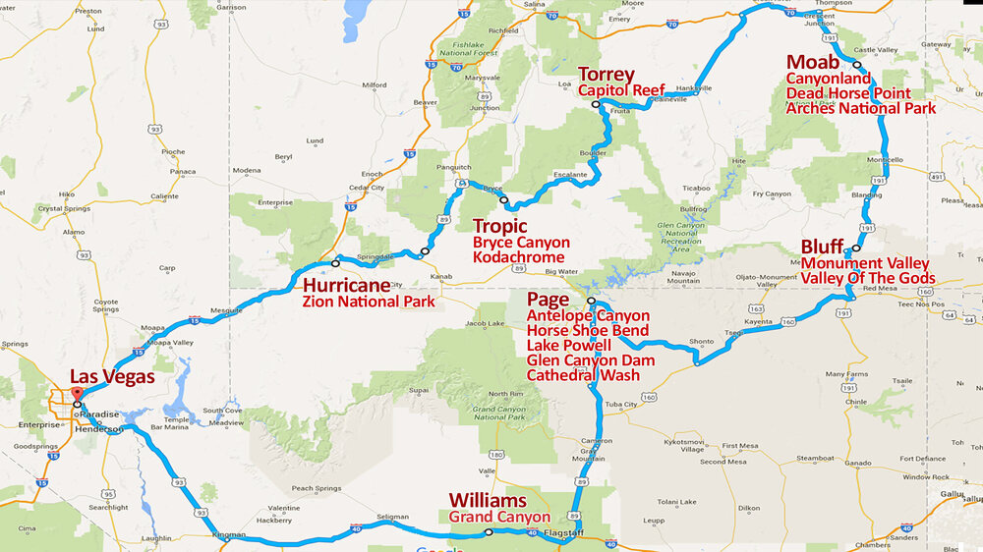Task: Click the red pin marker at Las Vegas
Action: (76, 395)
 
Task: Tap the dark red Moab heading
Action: (813, 62)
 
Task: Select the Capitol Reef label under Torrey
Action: (621, 90)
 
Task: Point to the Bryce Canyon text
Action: (520, 242)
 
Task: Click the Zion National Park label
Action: (369, 302)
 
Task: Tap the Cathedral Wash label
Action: (583, 375)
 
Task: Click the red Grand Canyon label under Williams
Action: (499, 517)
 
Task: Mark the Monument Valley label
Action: (865, 263)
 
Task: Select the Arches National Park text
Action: (861, 108)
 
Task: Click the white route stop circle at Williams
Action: (489, 532)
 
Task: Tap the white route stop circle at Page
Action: (591, 302)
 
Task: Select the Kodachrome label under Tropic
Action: (519, 257)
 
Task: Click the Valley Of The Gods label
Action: (868, 278)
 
